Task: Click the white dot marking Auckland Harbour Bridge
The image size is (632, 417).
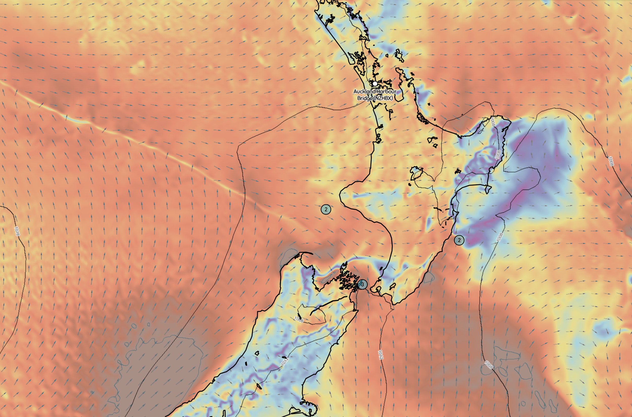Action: tap(375, 83)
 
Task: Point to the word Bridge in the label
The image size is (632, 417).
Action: tap(365, 98)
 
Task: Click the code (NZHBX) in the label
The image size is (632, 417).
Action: tap(383, 98)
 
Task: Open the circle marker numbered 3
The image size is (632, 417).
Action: tap(362, 284)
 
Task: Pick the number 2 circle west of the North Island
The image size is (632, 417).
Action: tap(326, 209)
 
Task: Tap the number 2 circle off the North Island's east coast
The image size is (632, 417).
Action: tap(459, 240)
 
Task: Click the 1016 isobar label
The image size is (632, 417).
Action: tap(17, 231)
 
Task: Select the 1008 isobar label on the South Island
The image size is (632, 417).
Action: tap(299, 319)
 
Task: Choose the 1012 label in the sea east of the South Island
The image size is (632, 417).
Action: tap(380, 355)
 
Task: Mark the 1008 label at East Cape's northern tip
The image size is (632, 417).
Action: tap(492, 122)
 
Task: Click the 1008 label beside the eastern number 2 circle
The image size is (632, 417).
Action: tap(500, 237)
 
